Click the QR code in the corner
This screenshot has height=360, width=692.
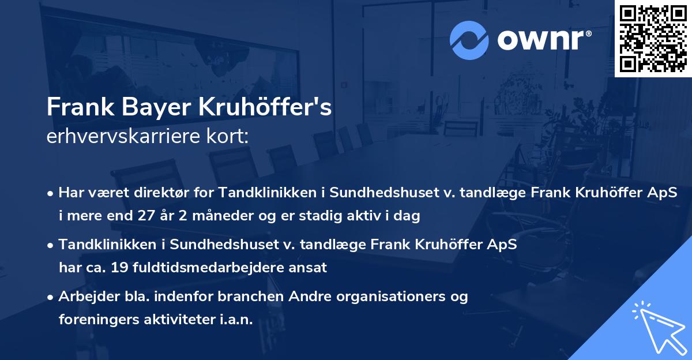(x=653, y=38)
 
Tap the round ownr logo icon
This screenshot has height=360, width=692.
(x=470, y=39)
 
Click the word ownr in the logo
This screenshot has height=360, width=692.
(x=543, y=39)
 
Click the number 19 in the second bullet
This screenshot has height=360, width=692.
(x=155, y=268)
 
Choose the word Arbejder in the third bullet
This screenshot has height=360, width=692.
(x=83, y=297)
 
